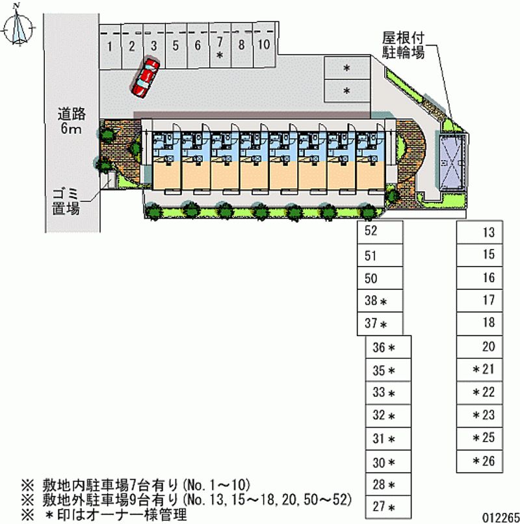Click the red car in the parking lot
coord(145,77)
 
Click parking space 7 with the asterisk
coord(220,47)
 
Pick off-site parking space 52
coord(379,231)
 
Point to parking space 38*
coord(379,301)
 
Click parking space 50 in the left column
coord(379,278)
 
